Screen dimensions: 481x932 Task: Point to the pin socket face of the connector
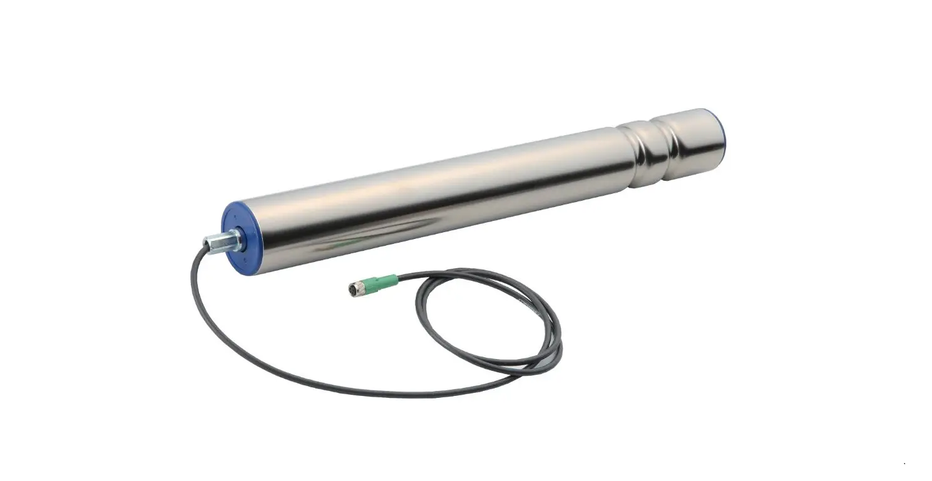[x=351, y=290]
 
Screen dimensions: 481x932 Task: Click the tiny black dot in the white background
[x=904, y=463]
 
